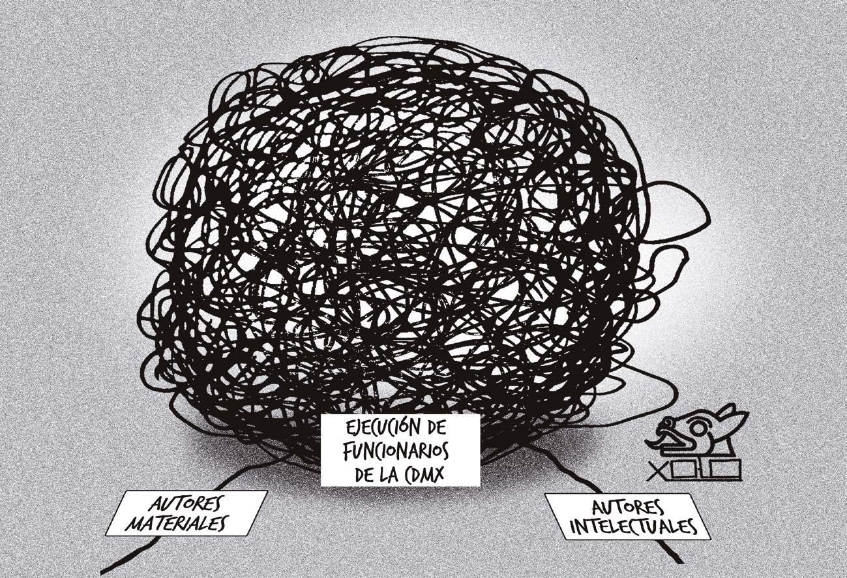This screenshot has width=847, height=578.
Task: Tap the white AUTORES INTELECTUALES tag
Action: [627, 517]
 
